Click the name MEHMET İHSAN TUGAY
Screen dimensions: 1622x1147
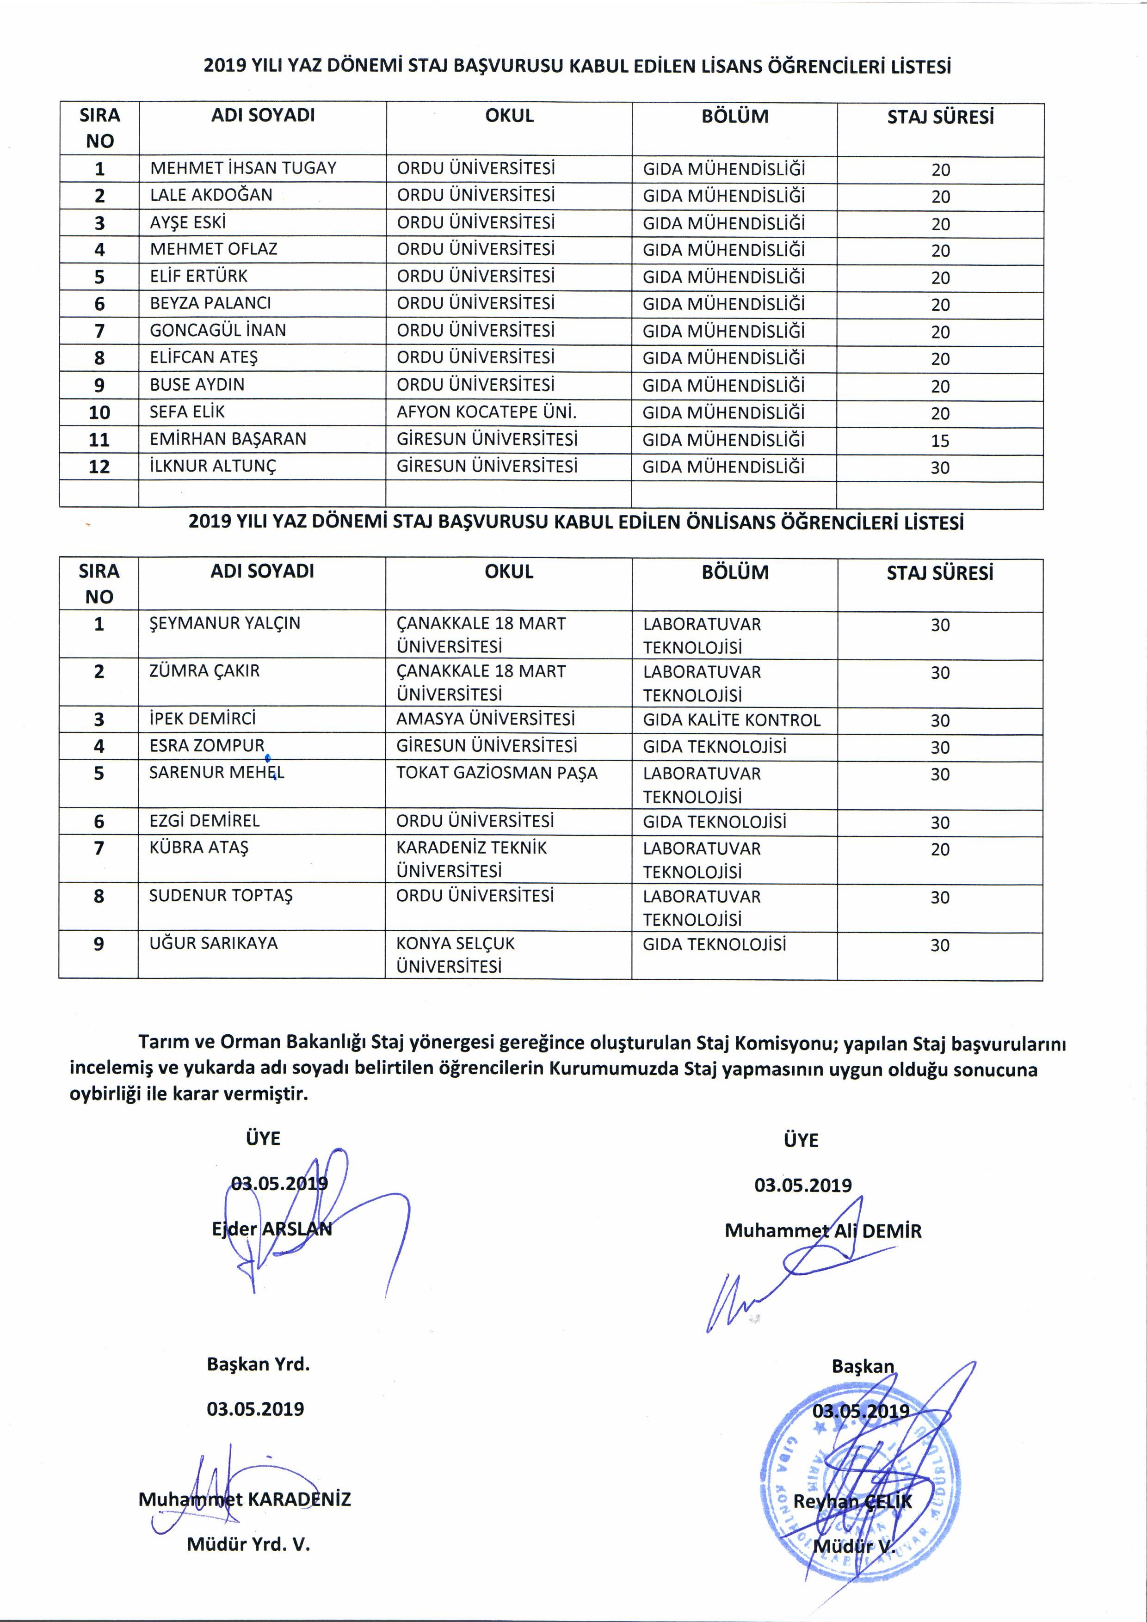pos(243,168)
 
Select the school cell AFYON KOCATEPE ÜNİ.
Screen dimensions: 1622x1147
pos(486,412)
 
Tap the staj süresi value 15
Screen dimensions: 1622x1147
pos(940,441)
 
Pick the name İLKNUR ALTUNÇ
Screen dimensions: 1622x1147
pos(213,466)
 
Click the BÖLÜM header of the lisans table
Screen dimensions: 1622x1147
pos(735,117)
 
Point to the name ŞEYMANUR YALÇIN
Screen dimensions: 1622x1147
pos(225,623)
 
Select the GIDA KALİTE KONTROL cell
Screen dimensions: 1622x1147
pos(732,720)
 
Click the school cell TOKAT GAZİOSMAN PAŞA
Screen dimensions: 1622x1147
pos(497,773)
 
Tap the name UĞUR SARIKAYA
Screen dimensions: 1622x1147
pos(213,943)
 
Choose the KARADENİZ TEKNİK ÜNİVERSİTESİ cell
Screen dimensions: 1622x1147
pos(471,859)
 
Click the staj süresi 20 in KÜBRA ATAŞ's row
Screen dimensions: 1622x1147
pos(940,849)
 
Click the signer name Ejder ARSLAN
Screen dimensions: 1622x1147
pos(271,1229)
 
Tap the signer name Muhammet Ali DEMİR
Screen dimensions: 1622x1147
pos(823,1231)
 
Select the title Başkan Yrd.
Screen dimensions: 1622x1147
pos(258,1364)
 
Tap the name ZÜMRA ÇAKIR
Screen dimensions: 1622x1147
pos(204,670)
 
